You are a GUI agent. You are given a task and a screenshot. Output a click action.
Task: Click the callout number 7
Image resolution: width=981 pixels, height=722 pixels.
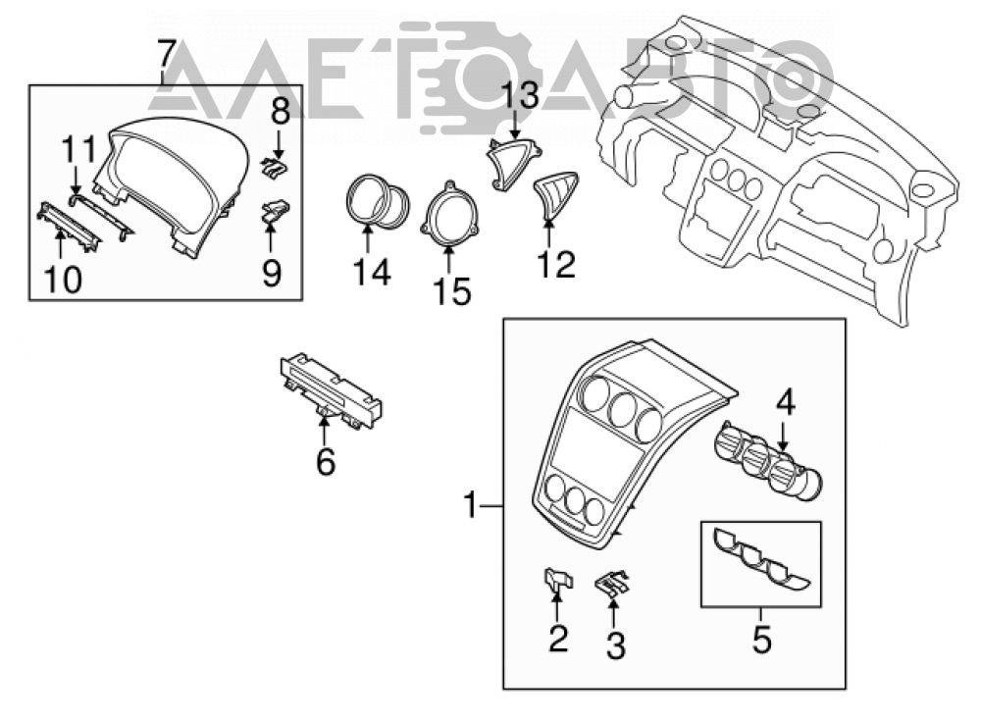(x=165, y=55)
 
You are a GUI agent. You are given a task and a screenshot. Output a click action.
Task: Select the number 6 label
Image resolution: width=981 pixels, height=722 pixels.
(x=326, y=462)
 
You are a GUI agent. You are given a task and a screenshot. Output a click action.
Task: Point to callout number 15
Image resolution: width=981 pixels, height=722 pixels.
(x=452, y=291)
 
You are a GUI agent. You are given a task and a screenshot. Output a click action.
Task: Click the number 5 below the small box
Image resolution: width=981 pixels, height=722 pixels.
(x=761, y=640)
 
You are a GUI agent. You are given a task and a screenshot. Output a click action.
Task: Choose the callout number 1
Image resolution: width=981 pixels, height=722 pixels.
(x=471, y=505)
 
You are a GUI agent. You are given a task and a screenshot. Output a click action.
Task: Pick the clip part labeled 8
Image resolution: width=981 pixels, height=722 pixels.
(x=276, y=166)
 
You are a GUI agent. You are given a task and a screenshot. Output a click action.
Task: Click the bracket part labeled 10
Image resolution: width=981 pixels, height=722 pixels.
(x=69, y=227)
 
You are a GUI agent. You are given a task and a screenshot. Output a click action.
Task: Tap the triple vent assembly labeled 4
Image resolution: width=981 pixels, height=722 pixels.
(x=768, y=462)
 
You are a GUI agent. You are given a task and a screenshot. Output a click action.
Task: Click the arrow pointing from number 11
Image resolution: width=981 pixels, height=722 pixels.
(x=76, y=180)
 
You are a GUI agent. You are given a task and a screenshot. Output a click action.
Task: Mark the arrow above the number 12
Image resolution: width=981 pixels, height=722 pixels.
(x=548, y=233)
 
